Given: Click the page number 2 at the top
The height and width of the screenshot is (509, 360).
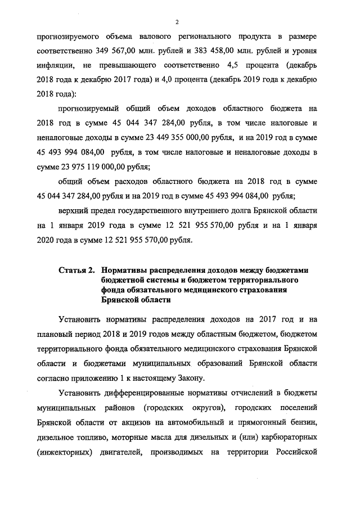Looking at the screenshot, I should [177, 22].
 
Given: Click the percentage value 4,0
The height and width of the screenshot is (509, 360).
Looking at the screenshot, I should [179, 79].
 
